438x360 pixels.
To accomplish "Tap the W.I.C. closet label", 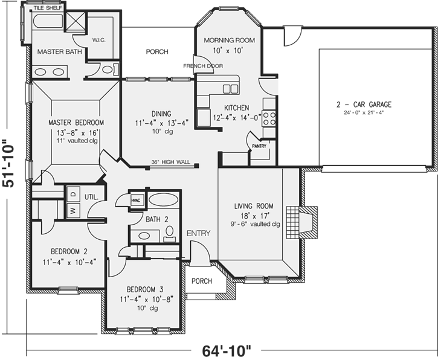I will click(99, 40).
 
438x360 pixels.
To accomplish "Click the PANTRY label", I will click(259, 146).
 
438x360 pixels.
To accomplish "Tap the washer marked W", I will click(72, 210).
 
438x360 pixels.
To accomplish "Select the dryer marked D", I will click(72, 194).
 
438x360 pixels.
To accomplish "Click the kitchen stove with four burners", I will click(271, 119).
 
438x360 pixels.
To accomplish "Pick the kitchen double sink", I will click(231, 89).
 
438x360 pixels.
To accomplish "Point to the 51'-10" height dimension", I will click(8, 164).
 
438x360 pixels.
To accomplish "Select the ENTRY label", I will click(198, 233).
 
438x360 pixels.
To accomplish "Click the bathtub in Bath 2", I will click(163, 201).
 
